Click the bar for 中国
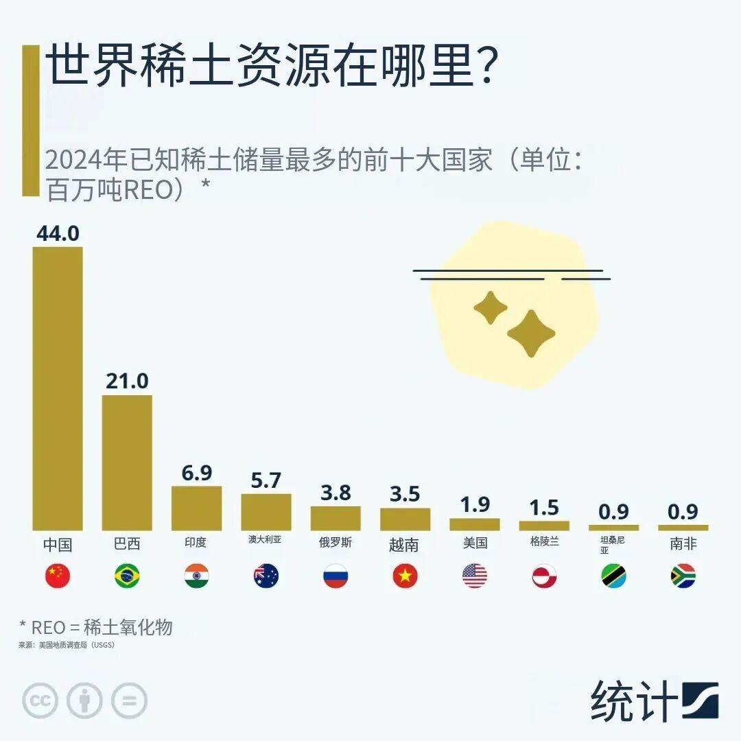[58, 388]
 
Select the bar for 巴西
[127, 462]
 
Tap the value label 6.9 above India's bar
[196, 473]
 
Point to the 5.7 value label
[266, 480]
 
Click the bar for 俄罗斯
[336, 518]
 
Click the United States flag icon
[474, 576]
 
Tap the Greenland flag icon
[544, 576]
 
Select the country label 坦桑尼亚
[613, 545]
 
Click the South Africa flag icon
[683, 576]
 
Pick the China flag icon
[58, 576]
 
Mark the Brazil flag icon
[127, 576]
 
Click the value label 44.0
[58, 233]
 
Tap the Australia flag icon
[266, 576]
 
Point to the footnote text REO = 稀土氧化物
[96, 626]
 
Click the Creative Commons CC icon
[40, 701]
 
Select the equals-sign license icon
[129, 701]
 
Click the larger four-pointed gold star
[530, 333]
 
